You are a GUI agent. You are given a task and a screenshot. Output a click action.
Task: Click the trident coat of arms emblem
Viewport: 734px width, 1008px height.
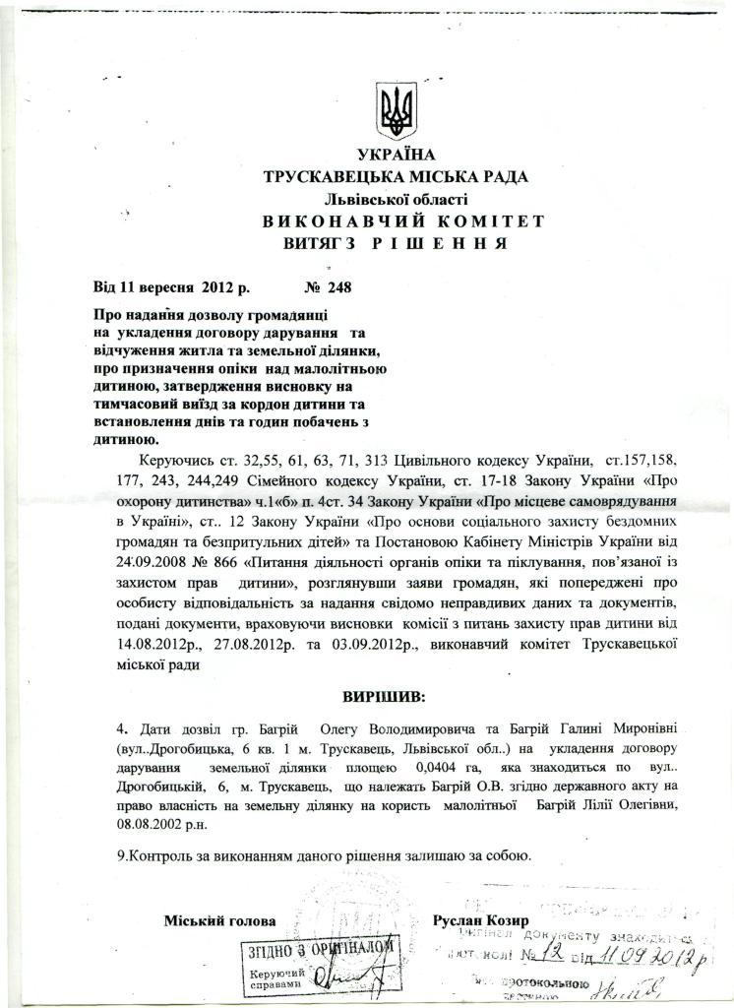398,113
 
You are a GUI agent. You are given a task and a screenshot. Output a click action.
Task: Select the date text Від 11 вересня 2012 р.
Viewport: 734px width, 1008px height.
172,288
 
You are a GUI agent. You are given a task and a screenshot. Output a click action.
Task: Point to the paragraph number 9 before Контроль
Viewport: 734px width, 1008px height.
120,854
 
